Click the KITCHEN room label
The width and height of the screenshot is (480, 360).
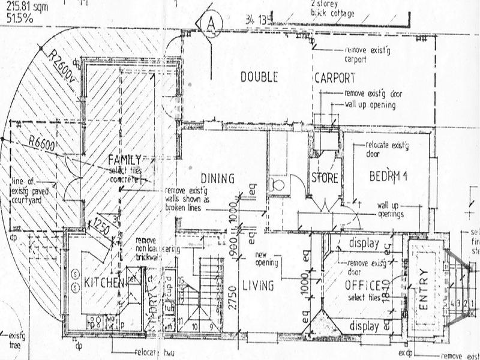tap(104, 283)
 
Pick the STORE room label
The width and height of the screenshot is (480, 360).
tap(325, 179)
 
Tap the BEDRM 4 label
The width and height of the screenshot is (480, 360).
tap(388, 176)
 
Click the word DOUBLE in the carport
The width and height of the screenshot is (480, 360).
tap(259, 77)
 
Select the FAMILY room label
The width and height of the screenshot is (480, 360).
tap(124, 160)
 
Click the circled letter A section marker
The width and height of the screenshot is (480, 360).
tap(211, 22)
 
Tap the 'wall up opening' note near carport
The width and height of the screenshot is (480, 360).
tap(370, 104)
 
